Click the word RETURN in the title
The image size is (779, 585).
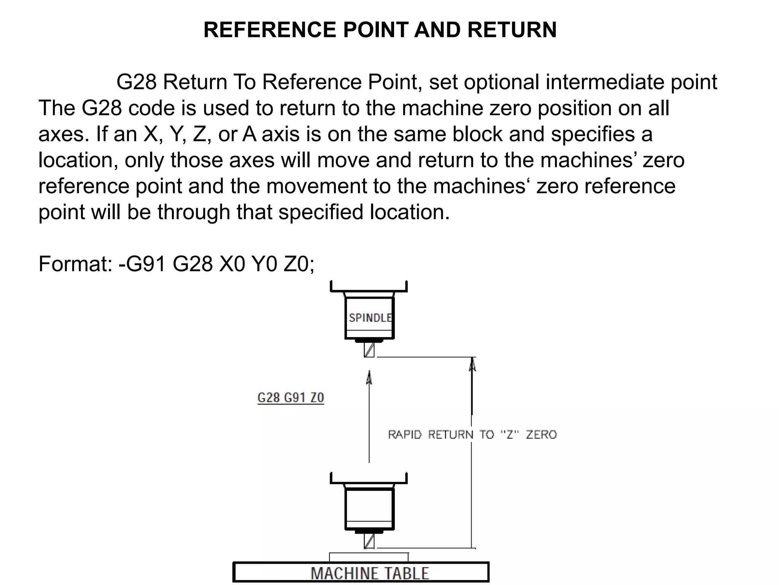click(512, 30)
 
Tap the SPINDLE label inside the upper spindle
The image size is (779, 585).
click(370, 318)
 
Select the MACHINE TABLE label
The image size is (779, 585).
click(370, 573)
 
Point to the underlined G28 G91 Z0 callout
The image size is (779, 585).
click(291, 398)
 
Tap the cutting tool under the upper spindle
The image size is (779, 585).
click(369, 350)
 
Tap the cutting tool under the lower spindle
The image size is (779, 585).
click(369, 541)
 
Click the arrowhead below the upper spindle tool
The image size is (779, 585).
click(369, 378)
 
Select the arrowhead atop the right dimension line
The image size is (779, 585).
click(472, 364)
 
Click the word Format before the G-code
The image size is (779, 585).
click(75, 264)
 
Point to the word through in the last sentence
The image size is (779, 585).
click(194, 212)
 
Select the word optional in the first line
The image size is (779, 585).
click(501, 82)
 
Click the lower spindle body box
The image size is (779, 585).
click(369, 509)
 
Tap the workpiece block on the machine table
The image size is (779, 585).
click(369, 557)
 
